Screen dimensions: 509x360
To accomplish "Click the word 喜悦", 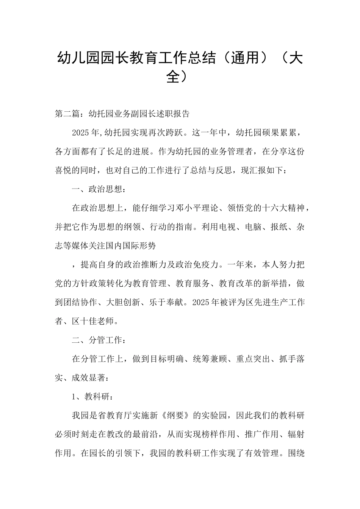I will pos(63,170).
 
